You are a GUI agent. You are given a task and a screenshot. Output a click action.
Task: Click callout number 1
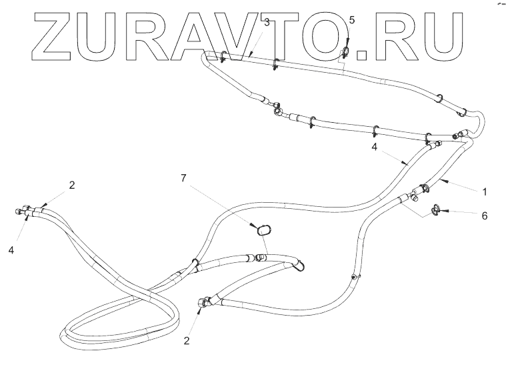point(485,192)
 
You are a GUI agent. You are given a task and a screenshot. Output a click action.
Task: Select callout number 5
point(352,21)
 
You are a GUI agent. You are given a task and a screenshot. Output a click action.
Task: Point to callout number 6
point(485,216)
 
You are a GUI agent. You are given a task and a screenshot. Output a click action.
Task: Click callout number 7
point(185,179)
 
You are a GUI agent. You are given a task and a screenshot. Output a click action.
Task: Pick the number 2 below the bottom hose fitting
point(187,340)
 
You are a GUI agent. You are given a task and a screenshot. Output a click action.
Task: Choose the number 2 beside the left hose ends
point(72,184)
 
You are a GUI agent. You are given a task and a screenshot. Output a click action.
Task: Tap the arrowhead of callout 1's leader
point(443,181)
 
